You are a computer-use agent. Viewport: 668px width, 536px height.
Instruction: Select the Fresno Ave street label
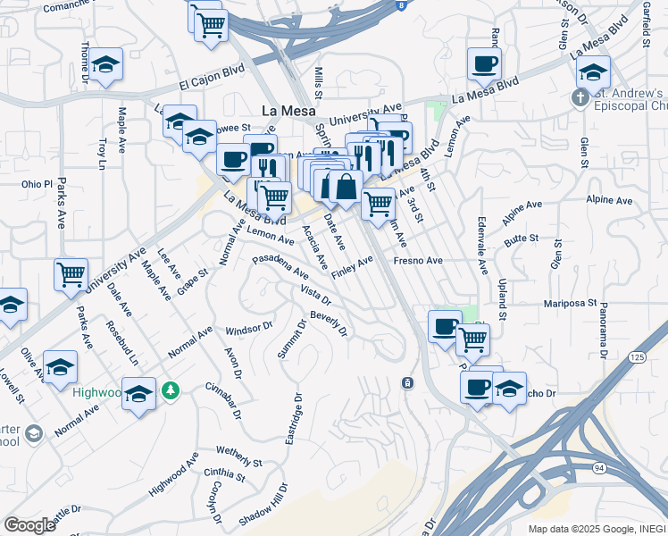418,261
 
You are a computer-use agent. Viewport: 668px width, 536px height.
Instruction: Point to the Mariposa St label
570,304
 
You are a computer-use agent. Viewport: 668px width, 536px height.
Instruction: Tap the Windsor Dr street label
249,328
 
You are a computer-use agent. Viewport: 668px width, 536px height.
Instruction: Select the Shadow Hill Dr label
264,506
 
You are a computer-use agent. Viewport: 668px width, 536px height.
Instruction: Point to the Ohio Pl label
38,185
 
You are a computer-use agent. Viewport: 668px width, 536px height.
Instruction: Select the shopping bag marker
345,188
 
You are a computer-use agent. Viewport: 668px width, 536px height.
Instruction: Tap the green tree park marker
171,390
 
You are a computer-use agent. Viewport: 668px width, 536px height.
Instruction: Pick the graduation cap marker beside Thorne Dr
106,65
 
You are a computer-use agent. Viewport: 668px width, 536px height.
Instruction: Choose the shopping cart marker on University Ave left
71,275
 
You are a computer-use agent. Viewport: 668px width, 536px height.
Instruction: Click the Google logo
29,524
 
